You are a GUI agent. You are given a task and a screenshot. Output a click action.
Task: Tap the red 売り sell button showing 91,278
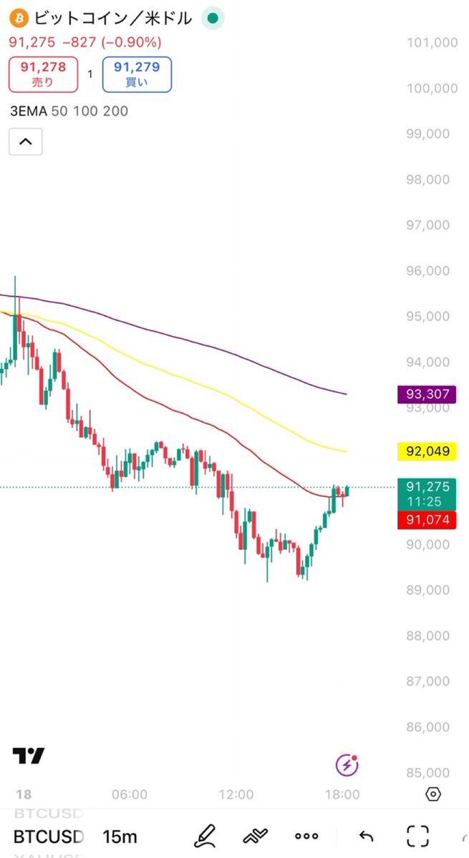click(43, 74)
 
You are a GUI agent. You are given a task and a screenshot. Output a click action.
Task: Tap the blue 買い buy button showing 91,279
click(137, 74)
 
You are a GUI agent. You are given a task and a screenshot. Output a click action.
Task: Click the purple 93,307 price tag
click(427, 393)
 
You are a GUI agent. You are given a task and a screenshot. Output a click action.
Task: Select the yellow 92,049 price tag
click(427, 451)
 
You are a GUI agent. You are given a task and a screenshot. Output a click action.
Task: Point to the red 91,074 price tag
click(427, 520)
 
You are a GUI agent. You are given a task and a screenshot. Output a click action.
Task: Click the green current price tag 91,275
click(427, 493)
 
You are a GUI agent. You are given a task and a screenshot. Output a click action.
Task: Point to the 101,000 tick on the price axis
click(432, 43)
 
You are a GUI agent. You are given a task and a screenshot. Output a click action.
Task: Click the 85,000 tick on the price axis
click(432, 773)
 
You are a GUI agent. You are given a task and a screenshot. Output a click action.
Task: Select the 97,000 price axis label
click(432, 225)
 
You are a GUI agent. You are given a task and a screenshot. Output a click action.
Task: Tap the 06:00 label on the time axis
click(130, 794)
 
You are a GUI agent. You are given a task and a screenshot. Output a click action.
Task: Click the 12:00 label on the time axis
click(236, 794)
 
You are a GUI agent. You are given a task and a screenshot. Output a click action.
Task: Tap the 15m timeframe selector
click(120, 836)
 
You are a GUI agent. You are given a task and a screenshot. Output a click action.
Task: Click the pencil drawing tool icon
click(206, 835)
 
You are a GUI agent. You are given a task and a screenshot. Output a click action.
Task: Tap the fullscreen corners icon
click(417, 835)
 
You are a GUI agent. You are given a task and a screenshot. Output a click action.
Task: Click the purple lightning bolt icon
click(347, 765)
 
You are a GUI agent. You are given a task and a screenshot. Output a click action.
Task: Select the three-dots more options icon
click(306, 836)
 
